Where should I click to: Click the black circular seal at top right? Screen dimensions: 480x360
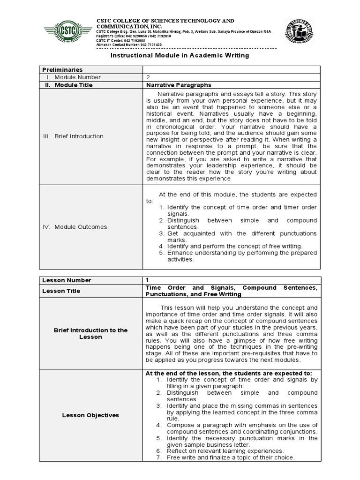pos(299,32)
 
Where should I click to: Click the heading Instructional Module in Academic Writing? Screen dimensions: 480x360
pos(180,55)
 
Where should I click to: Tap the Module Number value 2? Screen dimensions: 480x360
pos(148,77)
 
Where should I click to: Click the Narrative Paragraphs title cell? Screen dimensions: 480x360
pos(179,85)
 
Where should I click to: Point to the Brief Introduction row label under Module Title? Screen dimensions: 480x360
pos(73,136)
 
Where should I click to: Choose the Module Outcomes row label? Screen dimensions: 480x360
pos(75,227)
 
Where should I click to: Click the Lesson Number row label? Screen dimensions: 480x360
pos(67,280)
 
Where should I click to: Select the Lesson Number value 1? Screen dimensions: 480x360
pos(148,280)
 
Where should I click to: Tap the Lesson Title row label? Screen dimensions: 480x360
pos(61,291)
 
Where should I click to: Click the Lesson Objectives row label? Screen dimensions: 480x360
pos(90,415)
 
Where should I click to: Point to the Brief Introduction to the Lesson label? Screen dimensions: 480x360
pos(90,334)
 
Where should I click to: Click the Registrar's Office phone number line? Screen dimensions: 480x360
pos(134,36)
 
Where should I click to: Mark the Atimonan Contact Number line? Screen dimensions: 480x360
pos(129,45)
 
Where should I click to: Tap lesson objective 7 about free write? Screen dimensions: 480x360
pos(230,457)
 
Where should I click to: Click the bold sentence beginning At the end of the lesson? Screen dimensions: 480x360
pos(229,373)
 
